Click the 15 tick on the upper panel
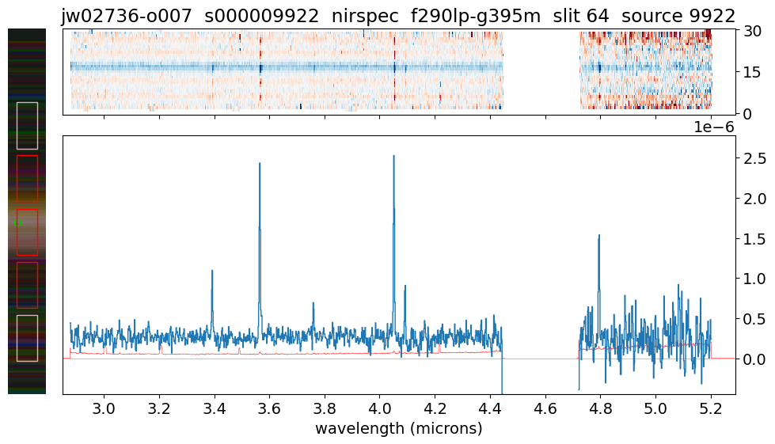coord(751,73)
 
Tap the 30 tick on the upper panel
coord(751,32)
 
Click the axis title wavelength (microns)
coord(398,429)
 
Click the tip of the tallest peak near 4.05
coord(393,156)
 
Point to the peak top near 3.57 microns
coord(259,163)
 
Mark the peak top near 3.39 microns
coord(212,271)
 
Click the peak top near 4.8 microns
coord(598,235)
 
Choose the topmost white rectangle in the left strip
coord(27,125)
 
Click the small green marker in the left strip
coord(15,224)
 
